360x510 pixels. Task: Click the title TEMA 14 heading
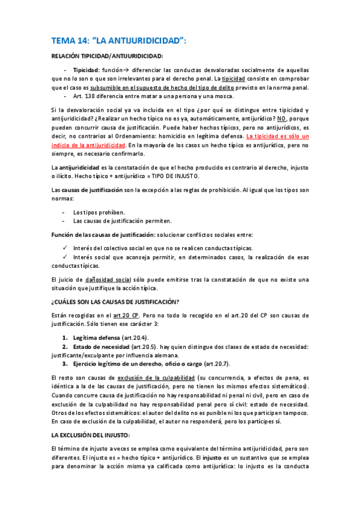pos(118,41)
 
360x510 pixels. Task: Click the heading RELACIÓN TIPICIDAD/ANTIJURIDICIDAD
pos(108,57)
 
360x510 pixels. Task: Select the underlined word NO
pos(274,119)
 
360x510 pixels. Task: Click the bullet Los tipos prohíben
pos(99,212)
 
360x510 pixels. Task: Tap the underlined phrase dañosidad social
pos(106,279)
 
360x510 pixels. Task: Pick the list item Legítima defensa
pos(99,337)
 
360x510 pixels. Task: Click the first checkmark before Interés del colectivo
pos(66,248)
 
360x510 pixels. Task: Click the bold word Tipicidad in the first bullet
pos(86,70)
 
